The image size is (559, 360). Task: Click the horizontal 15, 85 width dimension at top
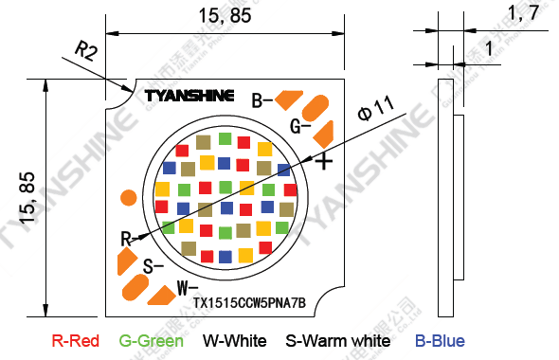tap(224, 16)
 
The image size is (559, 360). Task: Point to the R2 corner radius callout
tap(85, 51)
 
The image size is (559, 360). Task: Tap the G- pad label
tap(300, 126)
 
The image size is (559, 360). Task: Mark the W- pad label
tap(187, 286)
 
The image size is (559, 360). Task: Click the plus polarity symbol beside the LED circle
tap(324, 161)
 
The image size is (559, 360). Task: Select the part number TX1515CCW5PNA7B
tap(249, 303)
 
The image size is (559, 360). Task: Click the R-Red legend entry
tap(75, 340)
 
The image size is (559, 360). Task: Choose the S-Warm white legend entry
tap(338, 340)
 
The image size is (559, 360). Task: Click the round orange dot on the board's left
tap(127, 197)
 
